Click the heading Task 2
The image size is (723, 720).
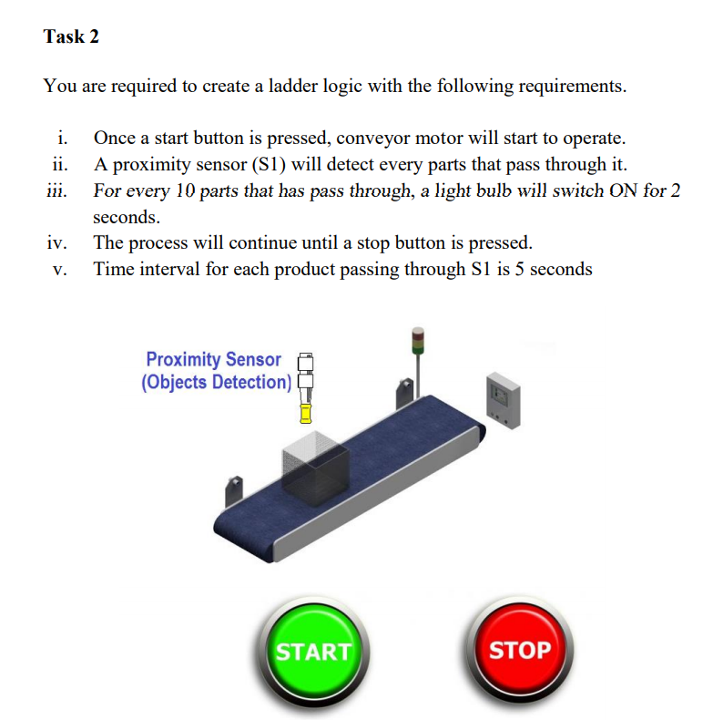pyautogui.click(x=71, y=36)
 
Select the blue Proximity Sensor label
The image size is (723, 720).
pyautogui.click(x=214, y=360)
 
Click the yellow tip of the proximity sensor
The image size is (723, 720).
pyautogui.click(x=307, y=414)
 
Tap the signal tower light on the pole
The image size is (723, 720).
pyautogui.click(x=418, y=342)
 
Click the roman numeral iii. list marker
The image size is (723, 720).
pyautogui.click(x=56, y=191)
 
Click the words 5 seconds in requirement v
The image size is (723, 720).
pyautogui.click(x=554, y=269)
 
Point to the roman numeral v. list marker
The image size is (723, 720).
pyautogui.click(x=60, y=269)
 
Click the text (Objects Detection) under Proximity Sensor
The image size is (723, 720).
pyautogui.click(x=216, y=382)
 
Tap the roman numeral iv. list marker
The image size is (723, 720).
pyautogui.click(x=57, y=243)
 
